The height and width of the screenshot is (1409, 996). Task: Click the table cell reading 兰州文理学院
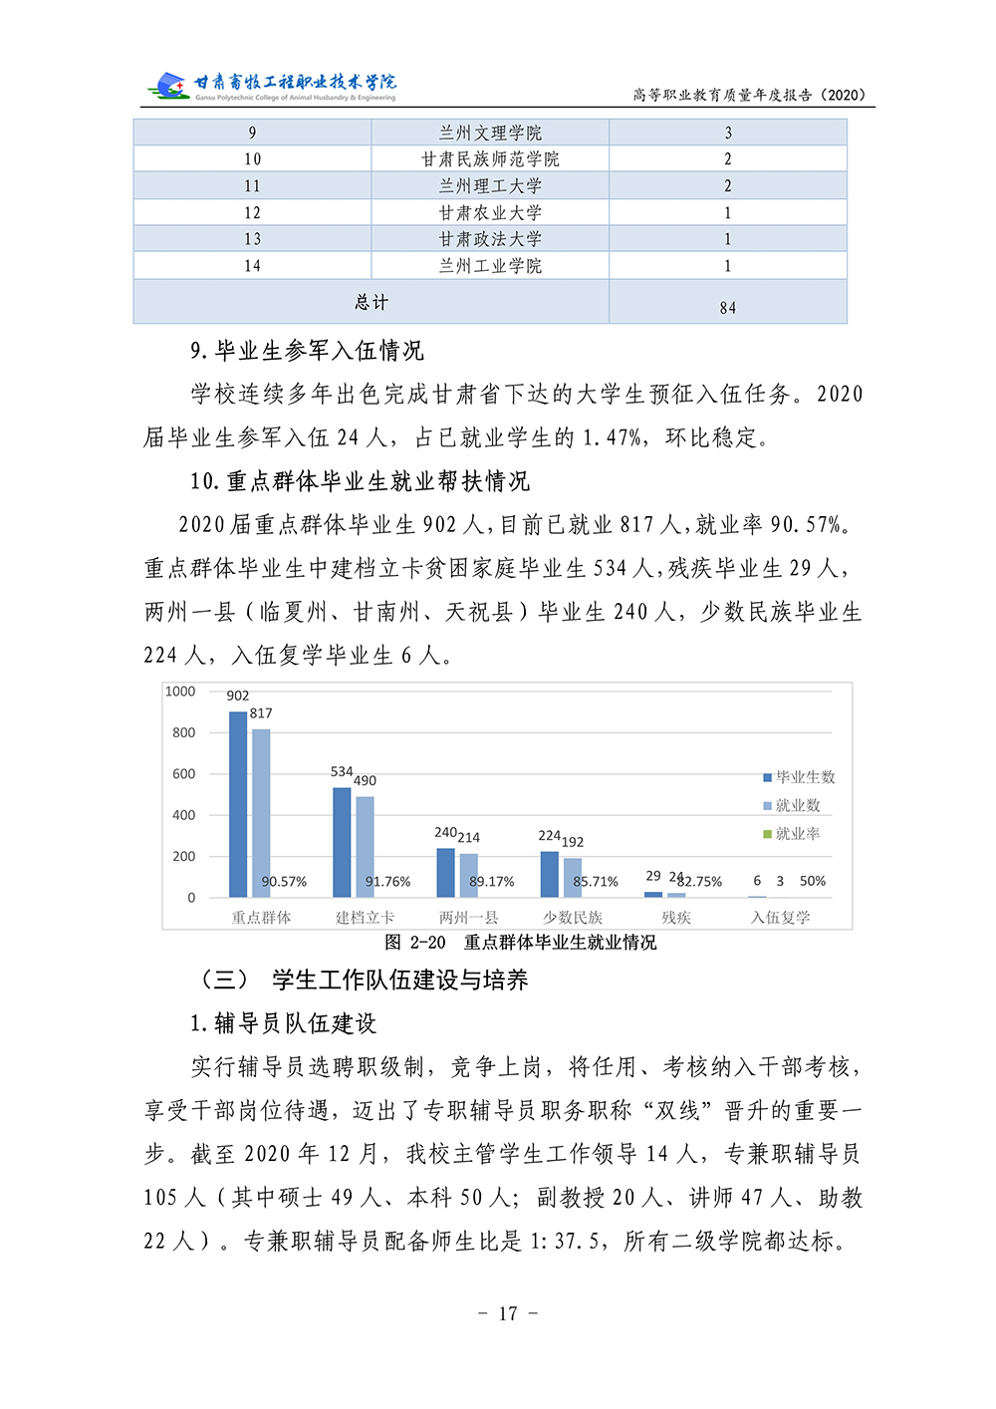pos(490,133)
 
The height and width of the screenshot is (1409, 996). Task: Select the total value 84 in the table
pos(727,308)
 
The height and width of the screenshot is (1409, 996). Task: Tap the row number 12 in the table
pos(252,212)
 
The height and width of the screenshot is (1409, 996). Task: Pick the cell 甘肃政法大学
pos(490,239)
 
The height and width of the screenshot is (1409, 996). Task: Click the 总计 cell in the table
pos(372,302)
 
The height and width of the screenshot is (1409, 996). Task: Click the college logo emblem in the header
pos(167,86)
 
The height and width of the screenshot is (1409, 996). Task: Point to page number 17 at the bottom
pos(508,1313)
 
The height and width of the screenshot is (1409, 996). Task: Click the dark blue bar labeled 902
pos(238,804)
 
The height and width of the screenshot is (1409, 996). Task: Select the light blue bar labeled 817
pos(261,813)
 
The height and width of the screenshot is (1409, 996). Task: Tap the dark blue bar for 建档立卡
pos(342,842)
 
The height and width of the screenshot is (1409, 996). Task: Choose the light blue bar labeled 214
pos(468,875)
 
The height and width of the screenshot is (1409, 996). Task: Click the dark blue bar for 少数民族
pos(550,874)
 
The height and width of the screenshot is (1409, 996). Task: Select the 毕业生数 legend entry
pos(799,777)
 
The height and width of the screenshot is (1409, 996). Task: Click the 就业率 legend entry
pos(792,834)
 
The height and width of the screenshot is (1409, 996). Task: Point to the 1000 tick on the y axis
pos(180,692)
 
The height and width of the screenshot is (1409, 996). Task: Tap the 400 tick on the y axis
pos(184,815)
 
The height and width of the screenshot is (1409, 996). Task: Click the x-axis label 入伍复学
pos(780,918)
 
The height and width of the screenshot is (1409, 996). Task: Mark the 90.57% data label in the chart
pos(284,882)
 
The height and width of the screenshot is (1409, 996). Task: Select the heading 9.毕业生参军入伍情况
pos(307,351)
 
